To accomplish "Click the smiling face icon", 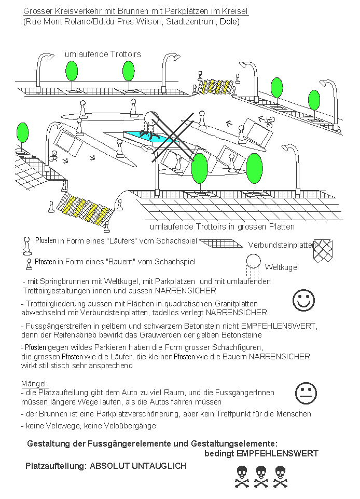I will pos(303,300).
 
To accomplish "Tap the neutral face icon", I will pos(306,393).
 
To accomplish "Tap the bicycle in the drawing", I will pos(268,122).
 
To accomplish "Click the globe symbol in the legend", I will pos(253,261).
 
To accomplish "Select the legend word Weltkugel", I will pos(282,267).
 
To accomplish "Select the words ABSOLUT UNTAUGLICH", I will pos(138,466).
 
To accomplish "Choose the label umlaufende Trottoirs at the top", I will pos(103,54).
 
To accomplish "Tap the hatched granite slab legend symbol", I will pos(221,243).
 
